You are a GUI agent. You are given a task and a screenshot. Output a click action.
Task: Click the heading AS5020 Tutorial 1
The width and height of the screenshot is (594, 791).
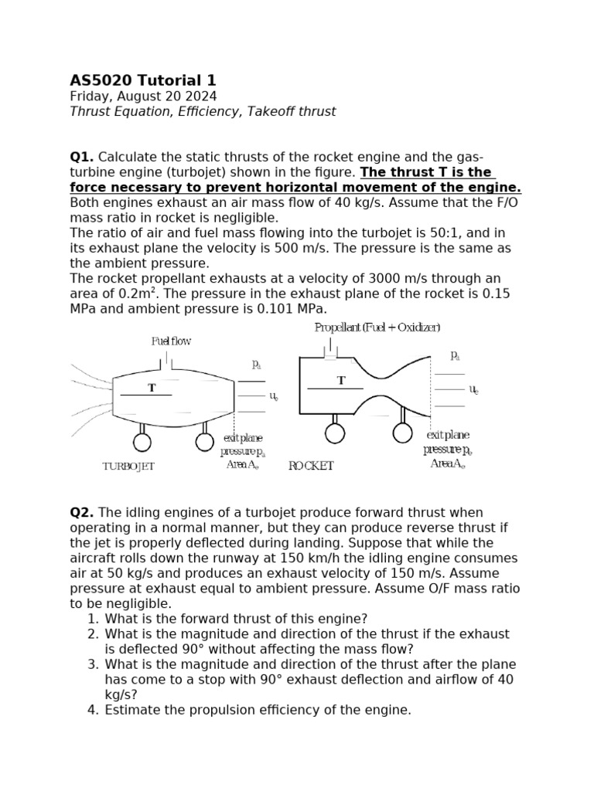(143, 80)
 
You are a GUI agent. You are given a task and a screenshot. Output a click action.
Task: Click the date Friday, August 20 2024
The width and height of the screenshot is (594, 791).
(143, 97)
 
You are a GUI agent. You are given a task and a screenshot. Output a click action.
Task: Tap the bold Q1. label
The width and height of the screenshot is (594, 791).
(82, 158)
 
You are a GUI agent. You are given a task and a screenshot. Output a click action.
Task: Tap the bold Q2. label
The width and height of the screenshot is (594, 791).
(82, 513)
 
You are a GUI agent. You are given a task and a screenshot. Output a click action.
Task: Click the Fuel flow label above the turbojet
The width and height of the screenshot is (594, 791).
(171, 341)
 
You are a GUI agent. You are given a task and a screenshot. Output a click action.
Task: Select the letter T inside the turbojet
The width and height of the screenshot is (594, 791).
(152, 388)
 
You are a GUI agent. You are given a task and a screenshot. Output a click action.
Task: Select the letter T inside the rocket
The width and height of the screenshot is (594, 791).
(341, 381)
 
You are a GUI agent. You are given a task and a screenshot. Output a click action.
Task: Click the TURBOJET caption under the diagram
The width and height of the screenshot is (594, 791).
(128, 467)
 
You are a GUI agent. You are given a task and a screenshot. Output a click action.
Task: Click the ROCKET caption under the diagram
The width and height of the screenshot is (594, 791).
(311, 466)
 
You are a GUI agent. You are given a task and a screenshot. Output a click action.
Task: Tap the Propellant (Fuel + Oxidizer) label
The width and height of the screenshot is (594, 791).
(377, 328)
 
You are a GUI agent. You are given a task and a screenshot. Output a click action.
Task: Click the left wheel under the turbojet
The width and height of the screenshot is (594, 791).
(142, 442)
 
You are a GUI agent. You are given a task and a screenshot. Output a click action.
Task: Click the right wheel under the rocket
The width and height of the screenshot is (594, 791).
(403, 433)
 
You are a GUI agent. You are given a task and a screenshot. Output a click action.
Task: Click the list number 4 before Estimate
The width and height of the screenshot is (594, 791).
(93, 710)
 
